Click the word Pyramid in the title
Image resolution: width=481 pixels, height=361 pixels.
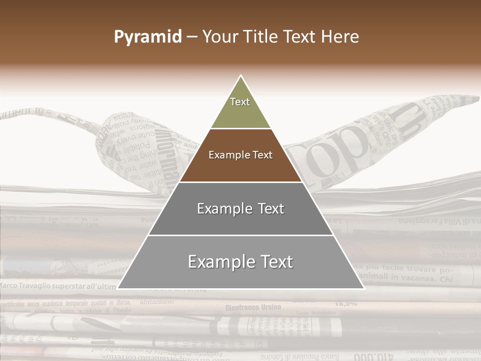point(148,37)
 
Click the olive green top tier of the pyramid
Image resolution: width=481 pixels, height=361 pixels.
point(241,108)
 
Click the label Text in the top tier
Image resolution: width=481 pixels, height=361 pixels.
point(240,102)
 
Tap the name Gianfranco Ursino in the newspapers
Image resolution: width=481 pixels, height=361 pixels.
point(253,307)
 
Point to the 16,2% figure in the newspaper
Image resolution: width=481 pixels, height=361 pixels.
point(346,303)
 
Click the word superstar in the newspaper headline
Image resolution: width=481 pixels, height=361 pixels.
point(66,286)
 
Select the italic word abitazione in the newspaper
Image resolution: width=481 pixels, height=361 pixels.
point(157,301)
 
